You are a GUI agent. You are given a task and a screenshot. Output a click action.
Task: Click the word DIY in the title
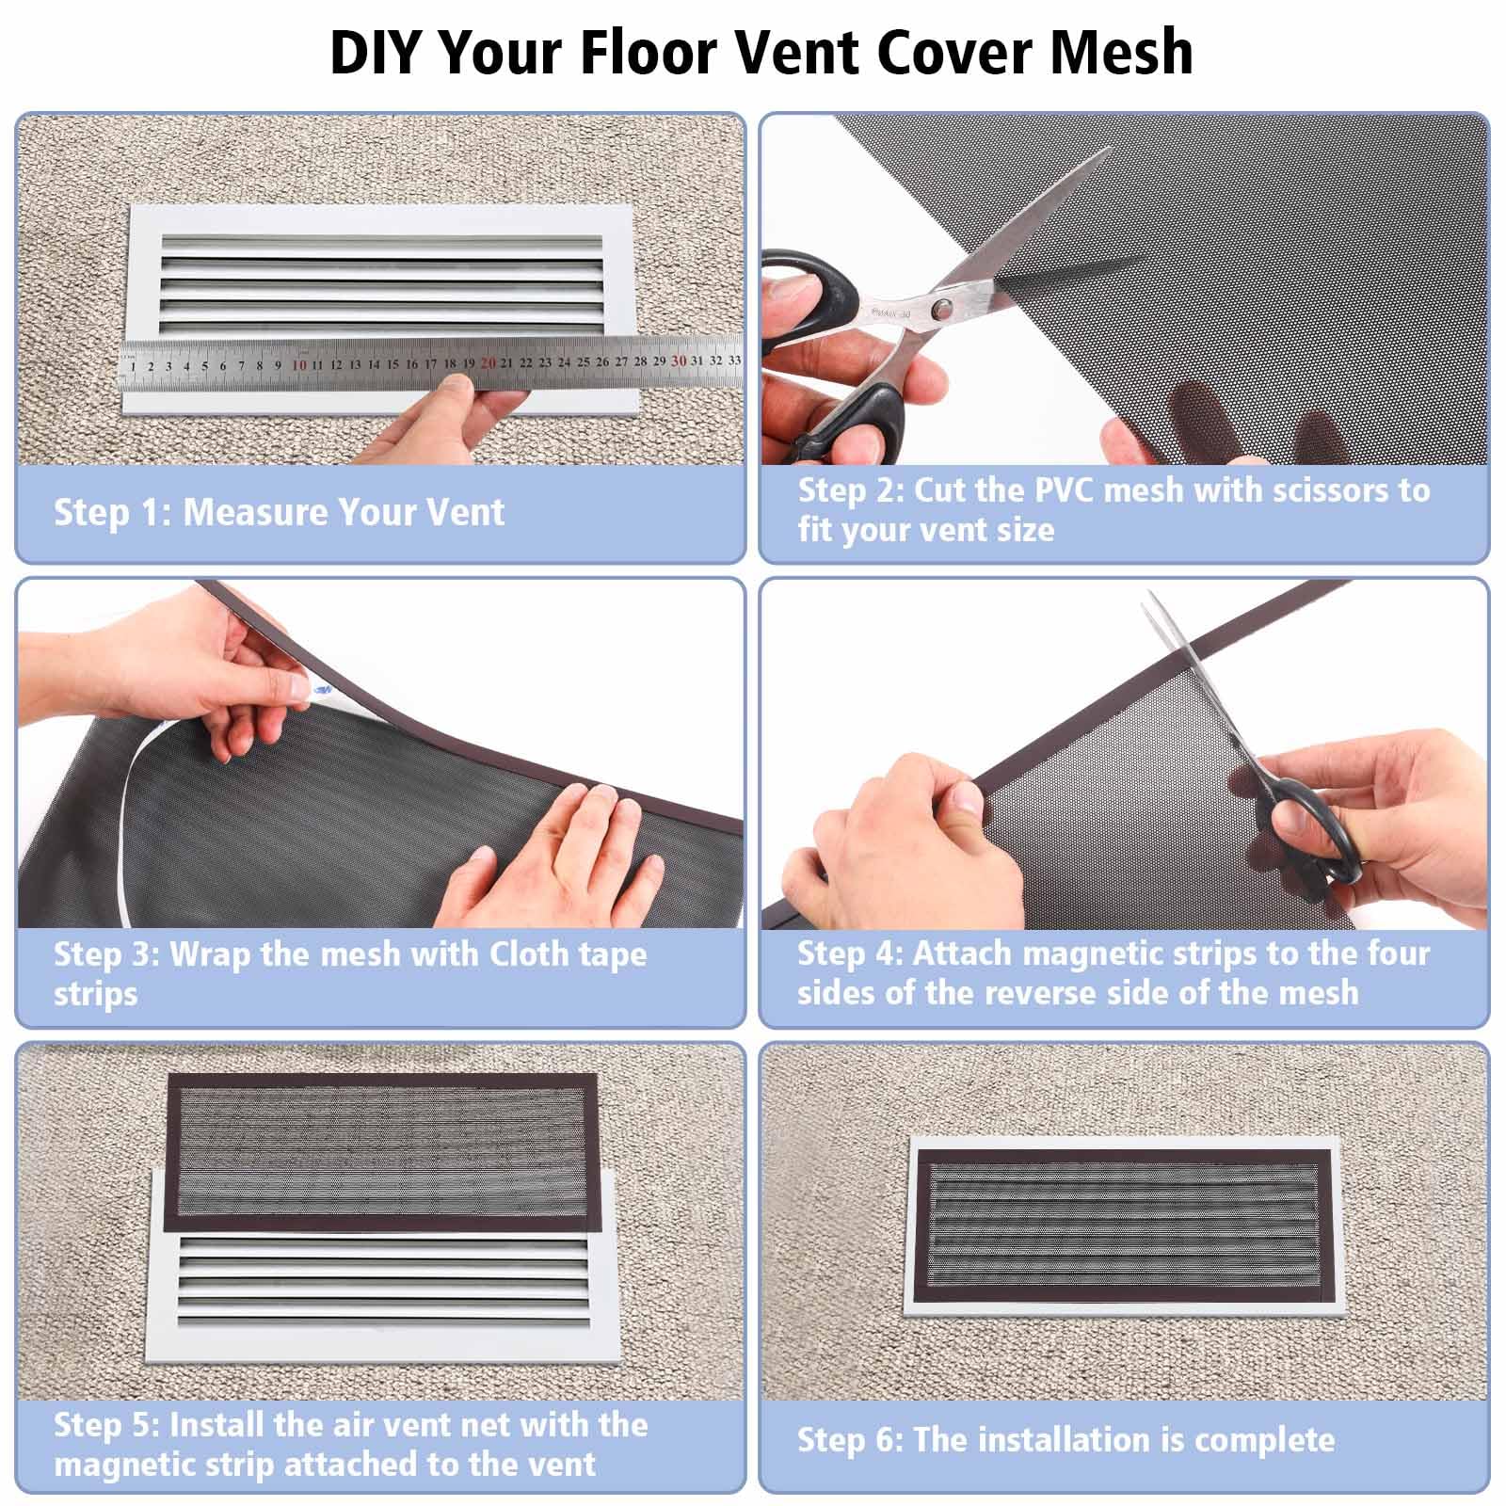[375, 52]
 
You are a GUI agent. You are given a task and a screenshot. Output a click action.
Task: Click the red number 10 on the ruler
[299, 364]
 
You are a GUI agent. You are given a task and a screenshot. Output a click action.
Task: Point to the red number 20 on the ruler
[488, 362]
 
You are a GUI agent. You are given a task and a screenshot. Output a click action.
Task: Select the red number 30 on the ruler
[679, 360]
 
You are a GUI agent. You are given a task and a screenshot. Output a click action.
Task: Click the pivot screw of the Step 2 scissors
[940, 306]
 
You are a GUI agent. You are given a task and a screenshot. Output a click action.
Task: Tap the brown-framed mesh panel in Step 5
[376, 1152]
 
